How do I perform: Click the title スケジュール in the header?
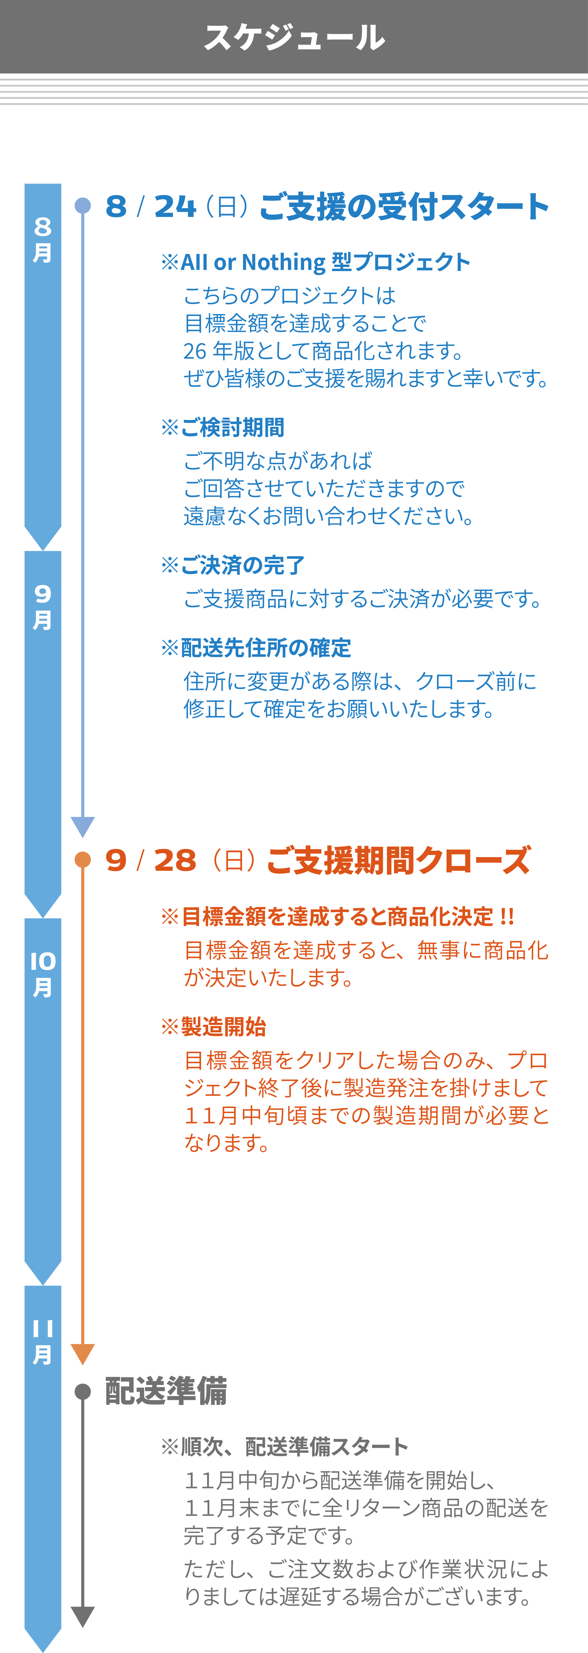pyautogui.click(x=294, y=37)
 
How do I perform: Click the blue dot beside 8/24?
pyautogui.click(x=83, y=206)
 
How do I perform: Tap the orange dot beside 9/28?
pyautogui.click(x=83, y=859)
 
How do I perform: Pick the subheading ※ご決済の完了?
pyautogui.click(x=232, y=565)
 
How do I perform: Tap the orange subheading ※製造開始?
pyautogui.click(x=213, y=1027)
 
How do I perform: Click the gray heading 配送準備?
pyautogui.click(x=166, y=1391)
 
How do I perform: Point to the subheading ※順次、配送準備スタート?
pyautogui.click(x=284, y=1446)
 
